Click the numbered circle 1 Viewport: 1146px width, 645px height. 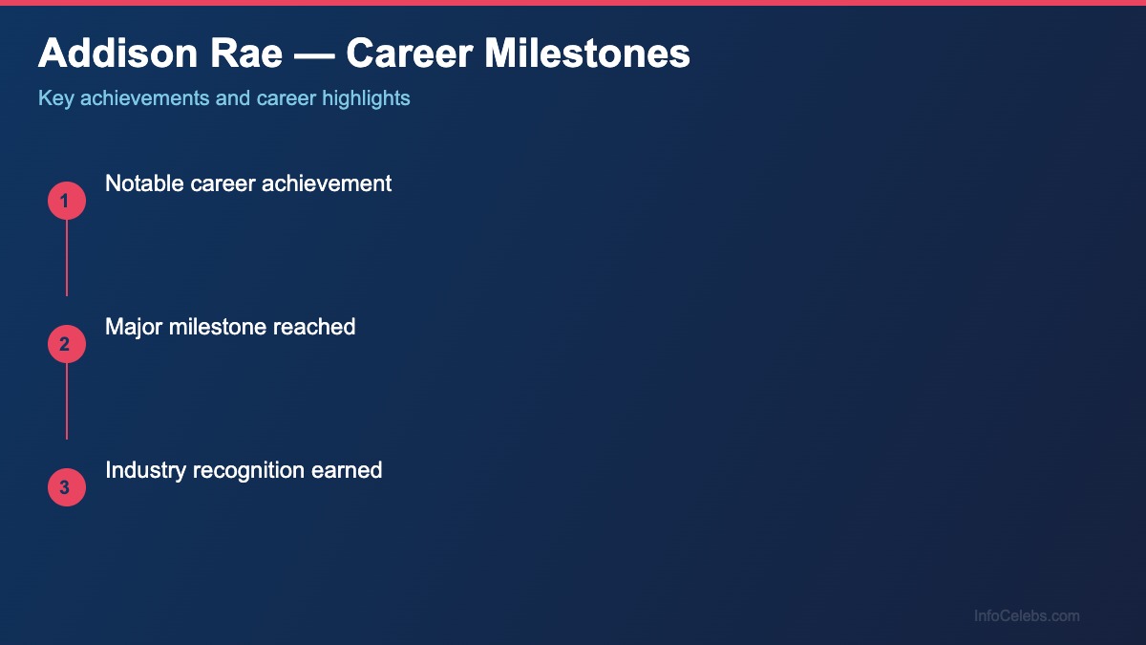pyautogui.click(x=67, y=201)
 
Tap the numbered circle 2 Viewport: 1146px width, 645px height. pyautogui.click(x=67, y=344)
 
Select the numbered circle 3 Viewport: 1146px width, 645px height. pyautogui.click(x=67, y=487)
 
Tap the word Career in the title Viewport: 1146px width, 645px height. pyautogui.click(x=410, y=54)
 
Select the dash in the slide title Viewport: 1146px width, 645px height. pyautogui.click(x=313, y=54)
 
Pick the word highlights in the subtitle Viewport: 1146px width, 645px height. pyautogui.click(x=366, y=98)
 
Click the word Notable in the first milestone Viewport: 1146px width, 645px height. pyautogui.click(x=143, y=183)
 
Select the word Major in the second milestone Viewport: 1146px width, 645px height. pyautogui.click(x=134, y=327)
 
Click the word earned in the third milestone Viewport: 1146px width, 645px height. pyautogui.click(x=347, y=470)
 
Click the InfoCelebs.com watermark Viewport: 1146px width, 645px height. pyautogui.click(x=1027, y=616)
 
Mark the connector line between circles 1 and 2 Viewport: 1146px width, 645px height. pyautogui.click(x=67, y=258)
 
